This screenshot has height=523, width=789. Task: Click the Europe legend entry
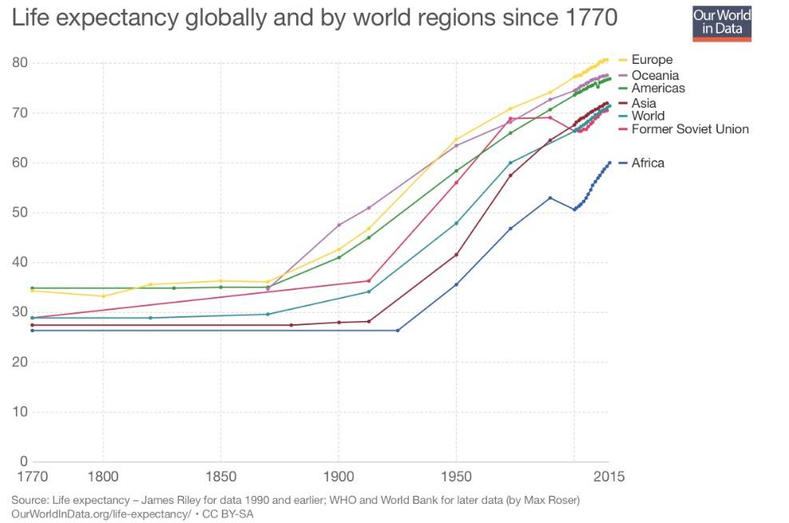pos(652,59)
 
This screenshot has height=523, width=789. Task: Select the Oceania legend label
pos(655,75)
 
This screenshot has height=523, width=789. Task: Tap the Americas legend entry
pos(657,88)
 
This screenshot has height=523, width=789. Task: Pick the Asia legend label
pos(644,103)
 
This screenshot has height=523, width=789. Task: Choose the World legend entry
pos(648,116)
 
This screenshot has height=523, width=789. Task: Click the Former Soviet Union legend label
pos(690,129)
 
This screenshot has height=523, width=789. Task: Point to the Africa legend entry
pos(648,163)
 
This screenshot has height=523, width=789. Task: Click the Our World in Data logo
pos(722,22)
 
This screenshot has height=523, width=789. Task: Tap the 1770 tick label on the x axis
pos(32,477)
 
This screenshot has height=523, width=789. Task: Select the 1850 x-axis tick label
pos(220,477)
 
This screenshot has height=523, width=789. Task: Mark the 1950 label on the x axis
pos(456,477)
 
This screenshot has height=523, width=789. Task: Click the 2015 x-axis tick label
pos(609,477)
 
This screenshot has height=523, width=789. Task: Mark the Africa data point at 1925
pos(398,331)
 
